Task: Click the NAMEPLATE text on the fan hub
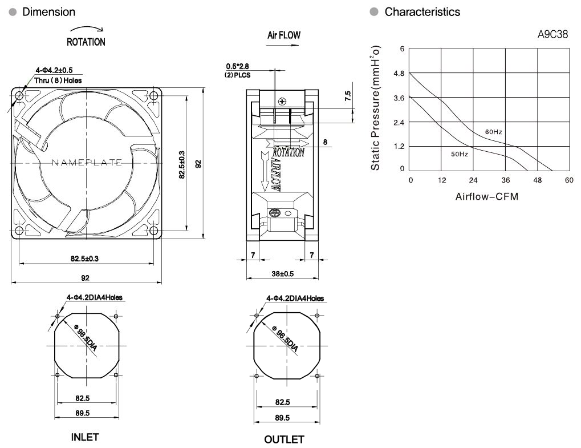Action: click(x=87, y=163)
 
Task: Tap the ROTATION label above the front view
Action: click(x=86, y=42)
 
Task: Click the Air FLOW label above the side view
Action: click(x=284, y=35)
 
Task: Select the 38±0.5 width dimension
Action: click(x=282, y=274)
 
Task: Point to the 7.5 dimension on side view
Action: click(x=348, y=96)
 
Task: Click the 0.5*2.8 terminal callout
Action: click(x=238, y=66)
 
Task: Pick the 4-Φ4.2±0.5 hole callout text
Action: click(x=54, y=70)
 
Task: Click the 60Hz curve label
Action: click(x=494, y=132)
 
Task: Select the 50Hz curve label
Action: click(x=460, y=154)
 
